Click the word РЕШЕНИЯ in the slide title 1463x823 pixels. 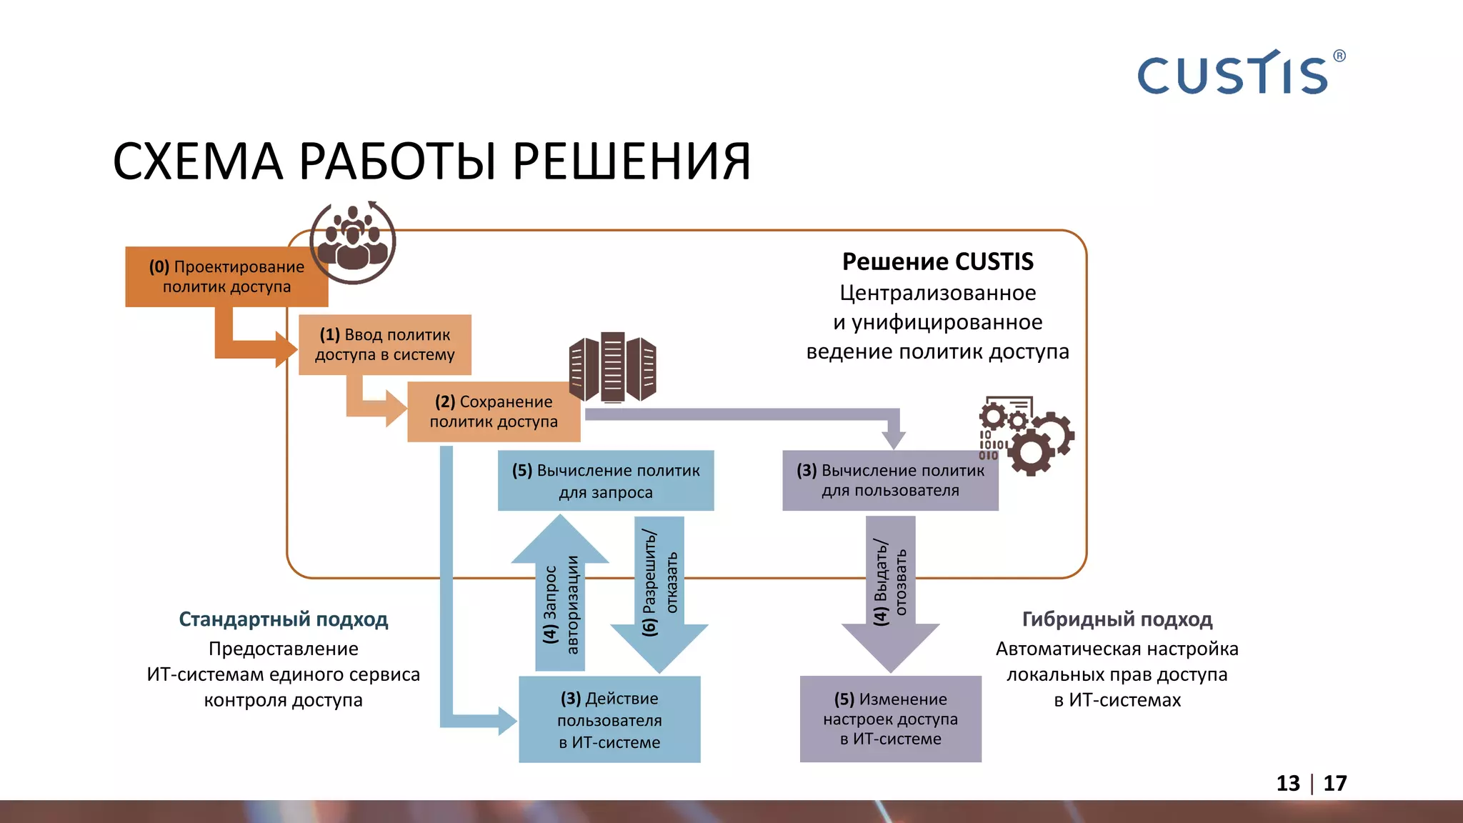pyautogui.click(x=631, y=161)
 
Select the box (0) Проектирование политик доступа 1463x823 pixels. pyautogui.click(x=226, y=277)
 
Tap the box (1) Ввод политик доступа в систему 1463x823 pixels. pyautogui.click(x=384, y=345)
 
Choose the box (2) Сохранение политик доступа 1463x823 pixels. pyautogui.click(x=493, y=412)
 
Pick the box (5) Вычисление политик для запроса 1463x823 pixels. pyautogui.click(x=605, y=481)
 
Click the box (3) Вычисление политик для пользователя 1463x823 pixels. pyautogui.click(x=890, y=481)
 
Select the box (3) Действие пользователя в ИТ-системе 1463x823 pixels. pyautogui.click(x=609, y=719)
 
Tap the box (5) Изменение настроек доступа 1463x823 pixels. pyautogui.click(x=890, y=719)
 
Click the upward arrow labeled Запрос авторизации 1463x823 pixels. pyautogui.click(x=560, y=600)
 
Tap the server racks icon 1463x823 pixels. pyautogui.click(x=612, y=366)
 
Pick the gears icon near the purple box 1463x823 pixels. pyautogui.click(x=1027, y=436)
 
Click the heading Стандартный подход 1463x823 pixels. pyautogui.click(x=283, y=619)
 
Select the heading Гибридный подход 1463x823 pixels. pyautogui.click(x=1117, y=619)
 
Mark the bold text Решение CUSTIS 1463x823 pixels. pyautogui.click(x=937, y=261)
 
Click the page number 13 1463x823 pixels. pyautogui.click(x=1288, y=784)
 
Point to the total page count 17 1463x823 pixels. pyautogui.click(x=1334, y=784)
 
